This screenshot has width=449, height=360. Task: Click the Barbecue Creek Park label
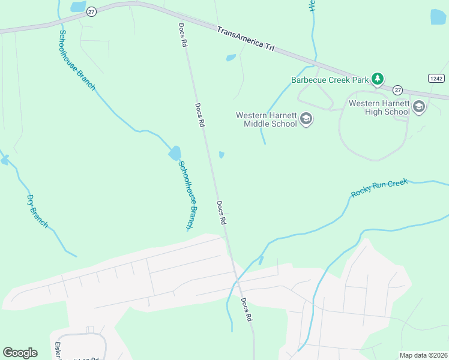(x=330, y=79)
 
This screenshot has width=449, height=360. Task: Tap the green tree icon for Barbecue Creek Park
(x=378, y=79)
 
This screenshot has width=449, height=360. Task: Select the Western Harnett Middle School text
(x=266, y=119)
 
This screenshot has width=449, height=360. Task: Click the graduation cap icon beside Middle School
(x=307, y=119)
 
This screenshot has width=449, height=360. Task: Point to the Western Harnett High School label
(x=379, y=107)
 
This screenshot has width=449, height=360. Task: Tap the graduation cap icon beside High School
(x=418, y=107)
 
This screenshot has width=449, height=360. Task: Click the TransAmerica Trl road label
(x=245, y=39)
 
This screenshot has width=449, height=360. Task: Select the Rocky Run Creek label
(x=379, y=188)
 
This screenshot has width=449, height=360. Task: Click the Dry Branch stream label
(x=37, y=211)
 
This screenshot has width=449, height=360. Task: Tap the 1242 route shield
(x=436, y=79)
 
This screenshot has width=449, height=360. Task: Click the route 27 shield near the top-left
(x=91, y=12)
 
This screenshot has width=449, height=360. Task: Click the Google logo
(x=20, y=353)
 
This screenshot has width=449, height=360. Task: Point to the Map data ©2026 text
(x=423, y=355)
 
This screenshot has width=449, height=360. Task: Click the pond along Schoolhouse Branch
(x=175, y=153)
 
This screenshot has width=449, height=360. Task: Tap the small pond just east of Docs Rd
(x=221, y=155)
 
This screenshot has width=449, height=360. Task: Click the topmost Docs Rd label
(x=182, y=35)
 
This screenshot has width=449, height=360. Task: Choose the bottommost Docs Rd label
(x=246, y=310)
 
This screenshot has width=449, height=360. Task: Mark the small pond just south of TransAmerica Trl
(x=231, y=58)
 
